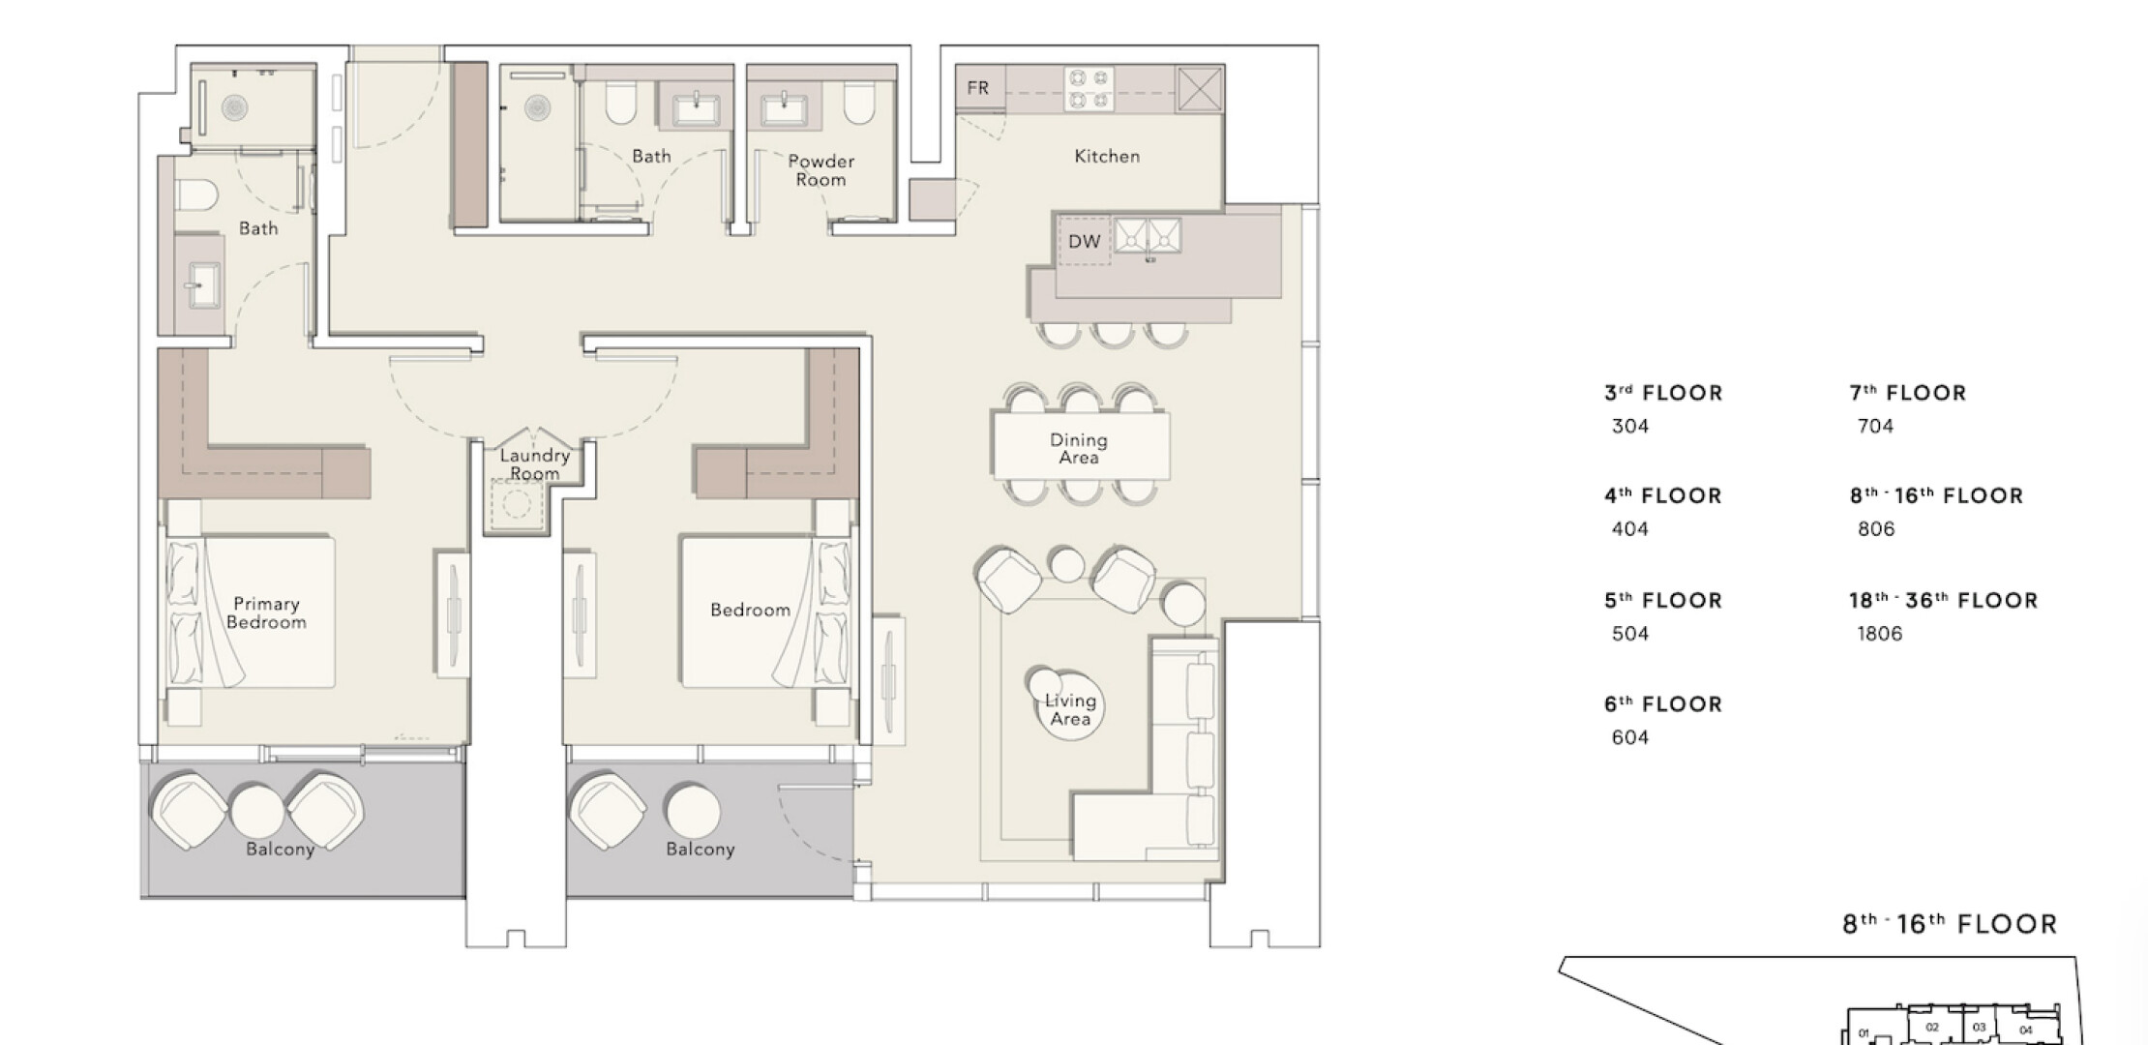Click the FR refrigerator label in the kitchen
[977, 88]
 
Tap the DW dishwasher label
[1084, 241]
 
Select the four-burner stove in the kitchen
[1089, 89]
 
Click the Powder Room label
[820, 170]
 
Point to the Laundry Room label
[534, 463]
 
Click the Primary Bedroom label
[266, 612]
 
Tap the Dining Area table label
[1079, 448]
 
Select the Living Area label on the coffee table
[1070, 709]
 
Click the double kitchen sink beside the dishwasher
[1148, 235]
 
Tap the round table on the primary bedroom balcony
[257, 809]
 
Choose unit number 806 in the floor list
[1876, 529]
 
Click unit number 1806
[1880, 634]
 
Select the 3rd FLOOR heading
[1663, 393]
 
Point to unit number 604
[1630, 737]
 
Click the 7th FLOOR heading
[1908, 393]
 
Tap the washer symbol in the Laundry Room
[516, 504]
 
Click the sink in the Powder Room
[784, 107]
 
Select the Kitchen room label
[1107, 156]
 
